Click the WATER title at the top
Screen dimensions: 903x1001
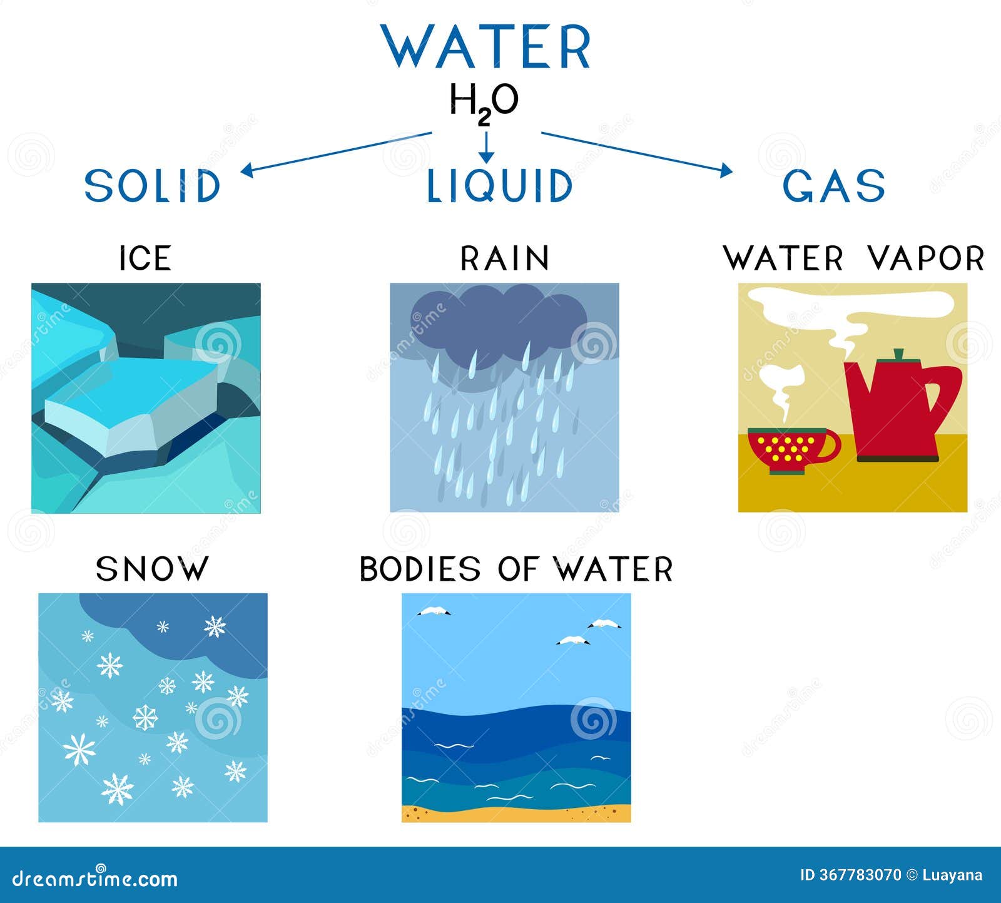pos(486,47)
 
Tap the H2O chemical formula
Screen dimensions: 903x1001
pos(484,102)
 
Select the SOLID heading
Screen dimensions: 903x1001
pos(152,186)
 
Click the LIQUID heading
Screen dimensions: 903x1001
pos(499,186)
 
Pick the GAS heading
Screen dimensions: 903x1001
pos(834,186)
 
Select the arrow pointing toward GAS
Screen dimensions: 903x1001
pos(636,151)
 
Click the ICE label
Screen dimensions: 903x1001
pos(145,258)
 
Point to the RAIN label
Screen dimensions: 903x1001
pos(504,258)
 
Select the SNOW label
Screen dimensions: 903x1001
pos(151,569)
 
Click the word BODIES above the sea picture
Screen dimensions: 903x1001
pos(420,569)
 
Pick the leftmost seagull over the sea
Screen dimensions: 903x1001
pos(434,612)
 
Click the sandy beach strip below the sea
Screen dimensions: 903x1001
pos(516,814)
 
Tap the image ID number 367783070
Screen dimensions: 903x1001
pos(860,875)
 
